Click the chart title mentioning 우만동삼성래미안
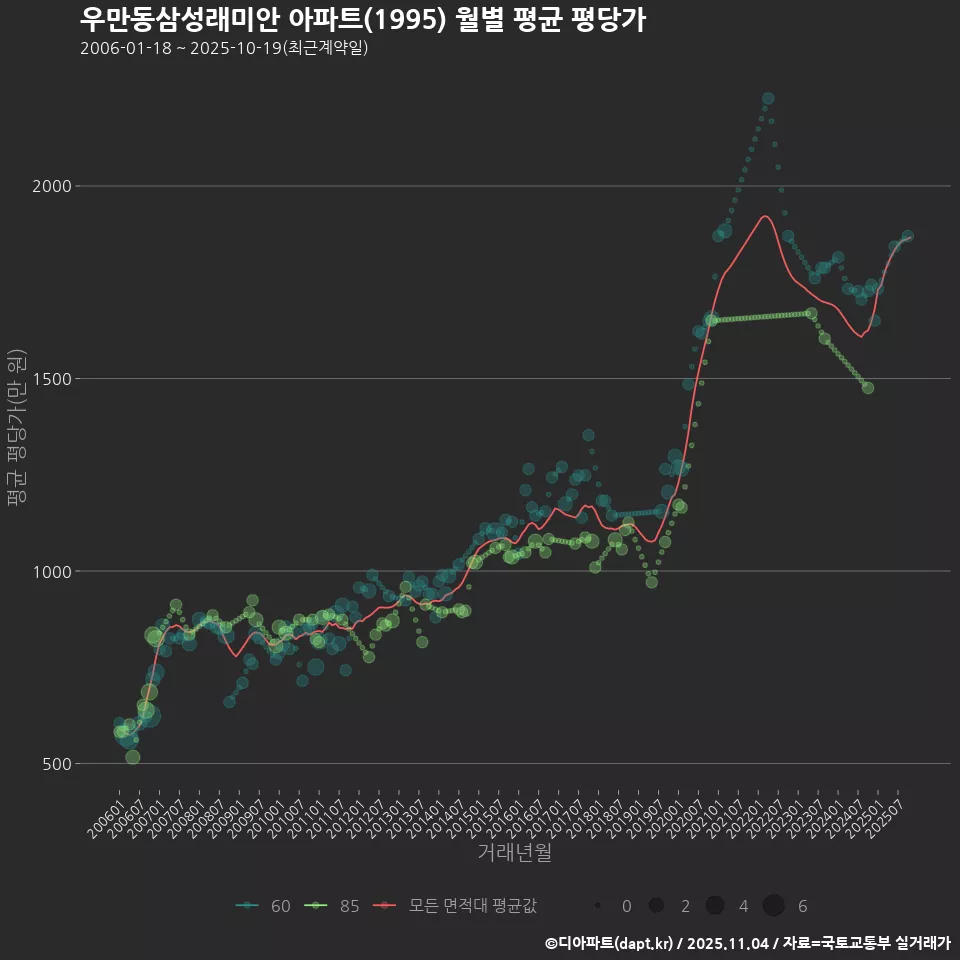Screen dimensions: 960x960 point(362,20)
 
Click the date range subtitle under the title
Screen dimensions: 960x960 point(224,48)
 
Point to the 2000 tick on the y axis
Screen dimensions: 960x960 point(51,186)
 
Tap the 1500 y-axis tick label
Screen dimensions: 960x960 point(51,379)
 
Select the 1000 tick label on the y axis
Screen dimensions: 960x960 point(51,571)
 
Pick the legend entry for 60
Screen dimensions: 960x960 point(264,906)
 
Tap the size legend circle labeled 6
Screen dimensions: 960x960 point(773,906)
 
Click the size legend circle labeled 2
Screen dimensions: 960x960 point(656,906)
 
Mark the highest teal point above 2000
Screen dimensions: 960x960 point(768,98)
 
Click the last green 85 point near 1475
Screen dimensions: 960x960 point(867,388)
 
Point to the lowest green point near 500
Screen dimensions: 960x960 point(133,757)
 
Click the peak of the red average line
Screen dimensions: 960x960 point(765,215)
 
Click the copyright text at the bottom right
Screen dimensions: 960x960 point(747,942)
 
